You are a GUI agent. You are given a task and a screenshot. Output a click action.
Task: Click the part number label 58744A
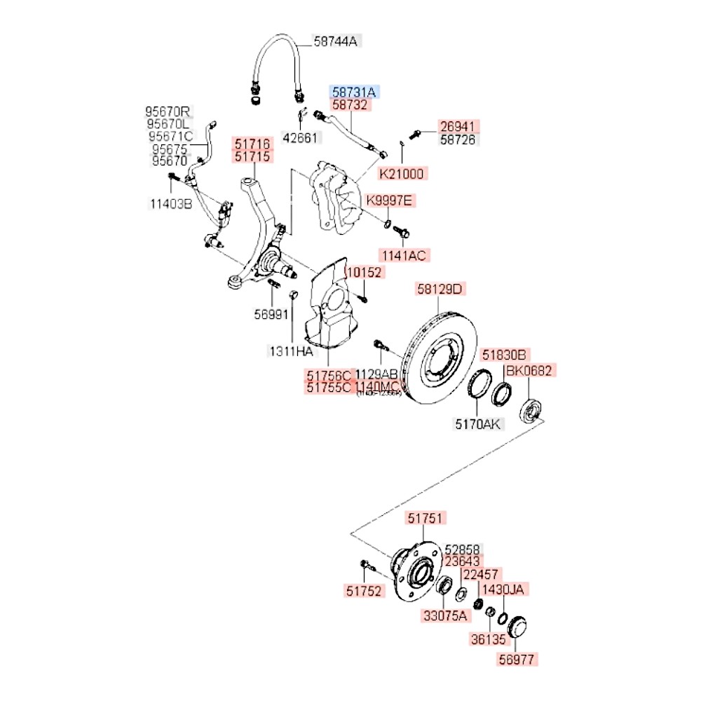click(x=335, y=41)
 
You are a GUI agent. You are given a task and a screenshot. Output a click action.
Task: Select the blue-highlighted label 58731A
click(x=354, y=92)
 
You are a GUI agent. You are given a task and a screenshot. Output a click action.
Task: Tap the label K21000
click(x=402, y=173)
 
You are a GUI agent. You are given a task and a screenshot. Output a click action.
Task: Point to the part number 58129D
click(x=440, y=289)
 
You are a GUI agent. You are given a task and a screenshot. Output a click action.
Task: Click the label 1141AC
click(x=403, y=255)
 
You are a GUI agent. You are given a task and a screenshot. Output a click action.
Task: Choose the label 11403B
click(x=170, y=204)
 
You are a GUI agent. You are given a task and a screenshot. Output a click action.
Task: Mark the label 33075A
click(x=444, y=616)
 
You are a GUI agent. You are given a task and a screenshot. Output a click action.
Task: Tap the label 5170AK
click(x=479, y=423)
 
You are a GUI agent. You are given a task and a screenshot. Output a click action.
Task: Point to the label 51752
click(x=365, y=592)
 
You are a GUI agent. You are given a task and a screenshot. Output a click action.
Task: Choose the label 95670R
click(x=168, y=111)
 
